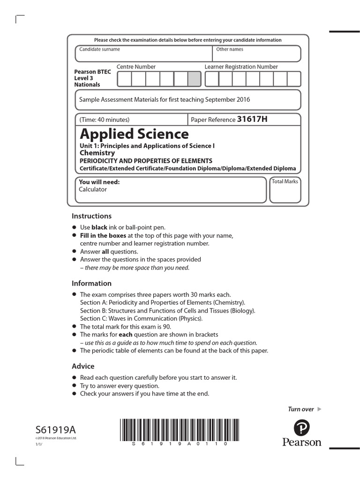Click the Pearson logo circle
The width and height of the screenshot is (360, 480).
[302, 427]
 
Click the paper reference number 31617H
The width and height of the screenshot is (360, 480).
[252, 119]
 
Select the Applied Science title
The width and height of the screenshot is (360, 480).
[134, 135]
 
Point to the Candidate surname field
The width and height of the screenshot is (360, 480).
[143, 53]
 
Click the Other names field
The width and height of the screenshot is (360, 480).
[256, 53]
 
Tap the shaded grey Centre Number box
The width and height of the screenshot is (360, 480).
[194, 79]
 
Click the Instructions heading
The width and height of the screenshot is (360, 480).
[91, 216]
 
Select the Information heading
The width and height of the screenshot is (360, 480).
[91, 283]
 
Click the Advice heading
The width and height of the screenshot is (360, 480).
[83, 366]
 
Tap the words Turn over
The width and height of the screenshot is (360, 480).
[300, 409]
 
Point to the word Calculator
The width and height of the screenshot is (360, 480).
[93, 189]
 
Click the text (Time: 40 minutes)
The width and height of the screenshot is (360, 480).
[105, 120]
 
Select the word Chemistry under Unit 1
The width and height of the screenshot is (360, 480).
[97, 153]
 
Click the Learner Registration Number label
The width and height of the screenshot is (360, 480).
[241, 67]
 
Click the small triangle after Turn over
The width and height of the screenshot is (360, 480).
[320, 409]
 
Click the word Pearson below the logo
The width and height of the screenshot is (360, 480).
[302, 442]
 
